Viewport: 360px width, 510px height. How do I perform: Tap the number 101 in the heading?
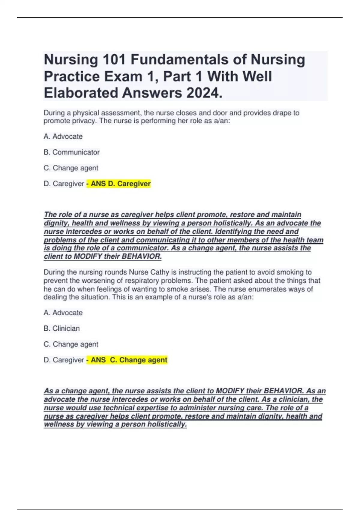114,59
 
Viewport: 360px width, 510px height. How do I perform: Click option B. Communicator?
72,152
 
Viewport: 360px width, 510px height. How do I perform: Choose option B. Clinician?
62,328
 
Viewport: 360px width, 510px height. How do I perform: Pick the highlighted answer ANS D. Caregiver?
119,184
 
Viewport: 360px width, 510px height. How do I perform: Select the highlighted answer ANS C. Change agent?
127,360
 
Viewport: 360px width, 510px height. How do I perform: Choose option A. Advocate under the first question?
63,136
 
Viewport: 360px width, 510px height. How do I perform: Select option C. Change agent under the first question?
71,168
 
